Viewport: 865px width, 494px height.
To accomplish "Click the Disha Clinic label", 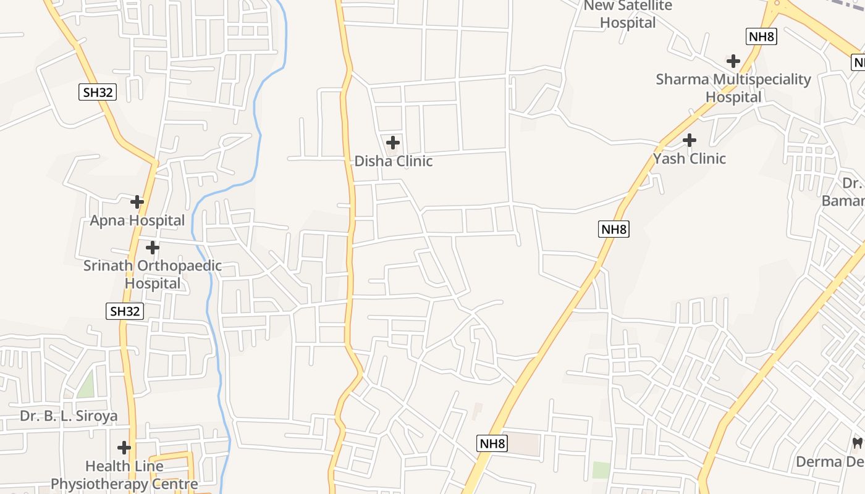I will click(x=394, y=161).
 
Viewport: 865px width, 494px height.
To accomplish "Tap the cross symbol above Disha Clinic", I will click(x=392, y=143).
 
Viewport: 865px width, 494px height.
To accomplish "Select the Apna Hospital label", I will click(x=137, y=220).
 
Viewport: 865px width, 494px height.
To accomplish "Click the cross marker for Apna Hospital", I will click(x=137, y=202).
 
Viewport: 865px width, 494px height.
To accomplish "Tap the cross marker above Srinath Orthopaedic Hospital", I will click(x=152, y=248).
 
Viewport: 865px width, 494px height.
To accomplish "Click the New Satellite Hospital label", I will click(x=628, y=14).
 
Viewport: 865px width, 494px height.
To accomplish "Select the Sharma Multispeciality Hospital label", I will click(x=733, y=88).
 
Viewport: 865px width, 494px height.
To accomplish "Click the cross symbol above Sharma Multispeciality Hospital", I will click(x=733, y=61).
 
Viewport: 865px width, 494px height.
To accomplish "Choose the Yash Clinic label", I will click(x=690, y=159).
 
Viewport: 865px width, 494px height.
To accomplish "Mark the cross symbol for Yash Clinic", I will click(x=690, y=140).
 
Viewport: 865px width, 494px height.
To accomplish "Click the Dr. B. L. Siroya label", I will click(x=69, y=416).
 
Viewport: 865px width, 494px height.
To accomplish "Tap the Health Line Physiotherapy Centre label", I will click(x=124, y=475).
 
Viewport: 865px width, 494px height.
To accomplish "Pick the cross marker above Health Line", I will click(x=124, y=447).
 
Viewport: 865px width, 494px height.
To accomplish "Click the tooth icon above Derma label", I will click(x=857, y=443).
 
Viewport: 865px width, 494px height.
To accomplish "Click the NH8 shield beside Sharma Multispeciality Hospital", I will click(x=761, y=36).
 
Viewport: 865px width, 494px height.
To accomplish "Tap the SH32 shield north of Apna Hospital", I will click(x=98, y=93).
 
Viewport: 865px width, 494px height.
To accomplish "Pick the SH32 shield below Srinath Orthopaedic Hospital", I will click(x=125, y=311).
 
